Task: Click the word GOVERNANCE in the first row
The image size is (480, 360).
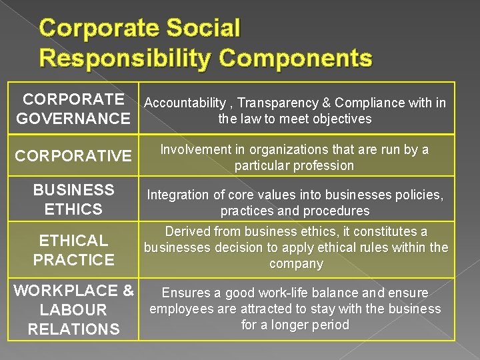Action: [x=73, y=119]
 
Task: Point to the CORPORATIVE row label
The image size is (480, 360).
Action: [x=73, y=156]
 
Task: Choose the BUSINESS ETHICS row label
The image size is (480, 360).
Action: [x=73, y=199]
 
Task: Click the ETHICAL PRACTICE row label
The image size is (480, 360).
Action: [x=73, y=250]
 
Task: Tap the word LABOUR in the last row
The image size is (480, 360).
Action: [x=73, y=310]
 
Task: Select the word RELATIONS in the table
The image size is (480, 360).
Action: [x=73, y=329]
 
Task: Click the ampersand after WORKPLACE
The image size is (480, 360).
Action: [x=129, y=291]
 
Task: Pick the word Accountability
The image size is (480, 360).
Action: [x=185, y=103]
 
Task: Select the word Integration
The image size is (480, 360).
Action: [x=178, y=195]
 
